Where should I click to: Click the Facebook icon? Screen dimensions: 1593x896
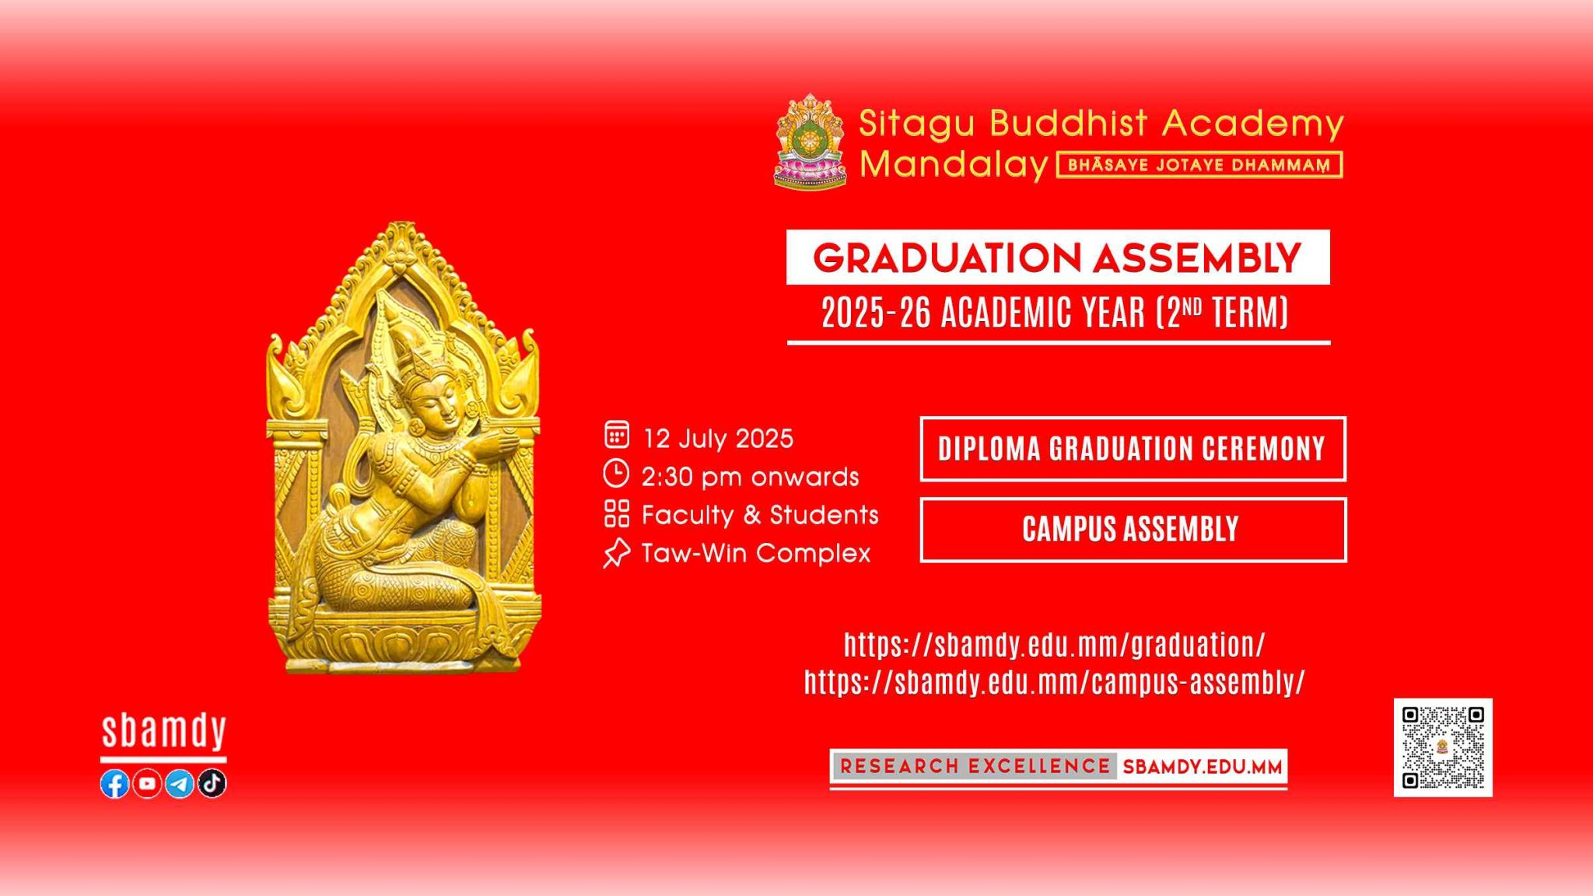pos(115,783)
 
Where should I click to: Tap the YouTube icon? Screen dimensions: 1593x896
pos(147,783)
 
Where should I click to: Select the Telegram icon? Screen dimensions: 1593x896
pos(180,783)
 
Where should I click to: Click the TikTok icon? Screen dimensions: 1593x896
pos(212,783)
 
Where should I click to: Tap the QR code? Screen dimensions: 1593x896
pos(1443,747)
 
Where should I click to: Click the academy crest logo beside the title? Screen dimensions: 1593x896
pos(810,142)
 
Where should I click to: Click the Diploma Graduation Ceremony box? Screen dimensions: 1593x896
pos(1133,449)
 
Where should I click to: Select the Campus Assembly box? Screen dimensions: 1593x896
pos(1133,530)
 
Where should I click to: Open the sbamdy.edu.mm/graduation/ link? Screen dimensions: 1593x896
pos(1055,645)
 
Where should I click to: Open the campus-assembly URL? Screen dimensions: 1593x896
pos(1055,682)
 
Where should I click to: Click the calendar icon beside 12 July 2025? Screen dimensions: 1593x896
pos(617,435)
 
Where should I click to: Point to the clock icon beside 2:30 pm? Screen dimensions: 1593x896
pos(617,473)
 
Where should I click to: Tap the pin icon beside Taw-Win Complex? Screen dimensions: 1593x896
pos(616,553)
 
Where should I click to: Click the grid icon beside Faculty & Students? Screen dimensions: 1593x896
pos(617,513)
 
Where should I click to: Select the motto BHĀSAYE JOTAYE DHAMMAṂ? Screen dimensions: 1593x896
pos(1199,165)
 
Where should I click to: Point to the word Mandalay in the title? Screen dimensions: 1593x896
pos(954,164)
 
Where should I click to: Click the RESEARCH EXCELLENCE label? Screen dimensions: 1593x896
pos(975,766)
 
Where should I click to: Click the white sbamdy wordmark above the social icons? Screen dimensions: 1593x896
pos(163,731)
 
